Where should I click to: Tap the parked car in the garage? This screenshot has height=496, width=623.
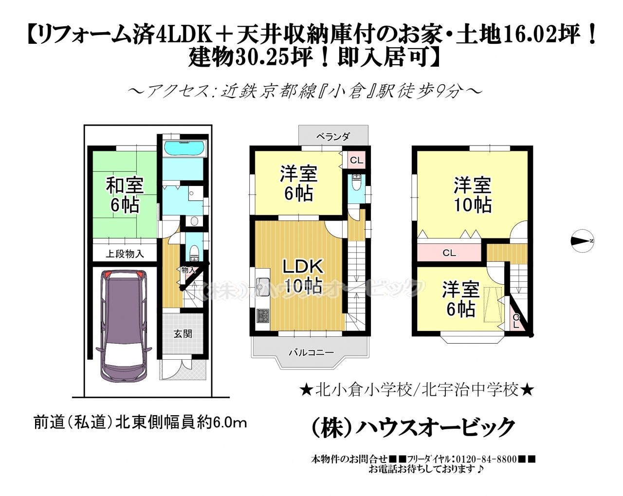[124, 326]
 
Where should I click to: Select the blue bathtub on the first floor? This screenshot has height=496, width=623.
[185, 148]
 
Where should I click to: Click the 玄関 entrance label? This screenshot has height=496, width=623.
[183, 334]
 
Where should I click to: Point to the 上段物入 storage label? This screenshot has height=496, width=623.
[125, 254]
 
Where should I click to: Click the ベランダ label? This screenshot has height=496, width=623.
[333, 136]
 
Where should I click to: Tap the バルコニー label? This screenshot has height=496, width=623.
[311, 352]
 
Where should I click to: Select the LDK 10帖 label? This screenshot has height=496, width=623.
[303, 277]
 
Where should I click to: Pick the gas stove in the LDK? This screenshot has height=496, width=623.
[262, 315]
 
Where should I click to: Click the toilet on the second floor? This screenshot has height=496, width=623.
[356, 183]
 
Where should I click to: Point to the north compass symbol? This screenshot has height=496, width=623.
[583, 240]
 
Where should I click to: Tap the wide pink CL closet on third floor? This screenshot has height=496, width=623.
[449, 253]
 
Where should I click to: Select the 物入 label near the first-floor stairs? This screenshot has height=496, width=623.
[189, 271]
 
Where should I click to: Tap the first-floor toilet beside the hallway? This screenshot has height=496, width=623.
[193, 253]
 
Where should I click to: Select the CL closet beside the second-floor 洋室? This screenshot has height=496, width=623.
[356, 160]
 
